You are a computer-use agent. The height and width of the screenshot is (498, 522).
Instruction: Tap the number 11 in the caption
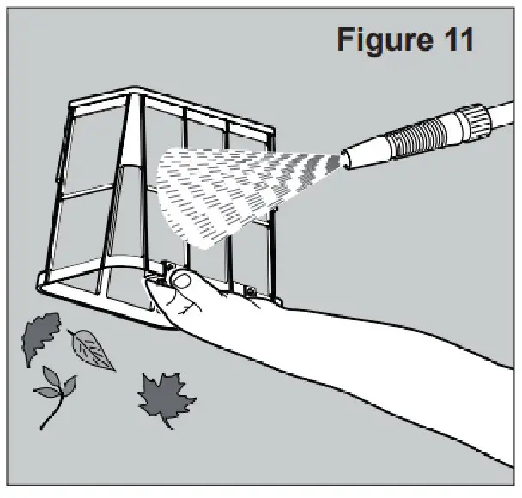point(455,40)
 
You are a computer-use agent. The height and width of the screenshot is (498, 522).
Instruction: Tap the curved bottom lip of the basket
point(94,305)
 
